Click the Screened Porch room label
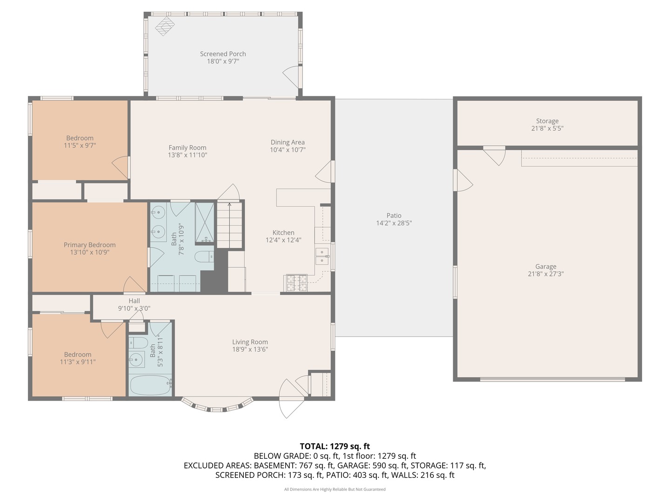click(x=223, y=54)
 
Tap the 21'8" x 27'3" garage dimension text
click(x=546, y=274)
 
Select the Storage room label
click(x=547, y=121)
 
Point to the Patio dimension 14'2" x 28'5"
click(x=394, y=223)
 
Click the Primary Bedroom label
click(x=89, y=245)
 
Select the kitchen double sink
click(x=322, y=256)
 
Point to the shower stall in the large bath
click(x=204, y=223)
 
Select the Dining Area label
click(x=288, y=143)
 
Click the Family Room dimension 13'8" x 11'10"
click(x=188, y=155)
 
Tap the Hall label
click(x=134, y=301)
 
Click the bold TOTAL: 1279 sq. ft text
click(x=335, y=446)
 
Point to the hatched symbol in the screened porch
click(x=164, y=26)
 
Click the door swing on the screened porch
click(x=292, y=76)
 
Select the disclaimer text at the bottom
click(x=335, y=489)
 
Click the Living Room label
click(x=250, y=342)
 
